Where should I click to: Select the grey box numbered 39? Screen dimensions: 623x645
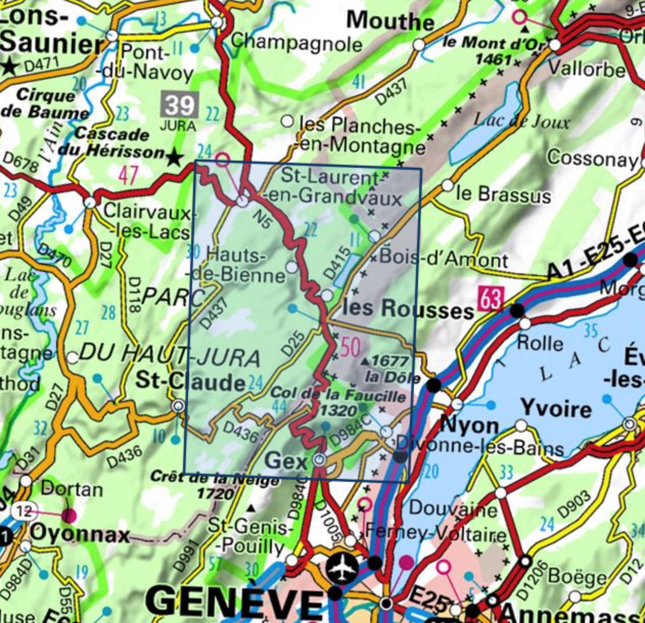(x=179, y=105)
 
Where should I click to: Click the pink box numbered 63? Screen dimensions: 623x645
(x=491, y=299)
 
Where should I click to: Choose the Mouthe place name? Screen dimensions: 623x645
(x=390, y=21)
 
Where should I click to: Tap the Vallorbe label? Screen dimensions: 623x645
(x=586, y=69)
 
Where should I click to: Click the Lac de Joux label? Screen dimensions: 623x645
(x=521, y=122)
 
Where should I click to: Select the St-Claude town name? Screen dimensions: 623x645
(x=190, y=382)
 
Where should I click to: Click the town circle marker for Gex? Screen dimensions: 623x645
(x=319, y=460)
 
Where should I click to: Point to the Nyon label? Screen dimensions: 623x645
(x=469, y=425)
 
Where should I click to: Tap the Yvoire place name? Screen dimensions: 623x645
(x=556, y=408)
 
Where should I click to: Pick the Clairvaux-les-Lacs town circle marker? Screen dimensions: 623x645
(x=90, y=202)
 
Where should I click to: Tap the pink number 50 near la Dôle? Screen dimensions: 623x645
(x=351, y=347)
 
